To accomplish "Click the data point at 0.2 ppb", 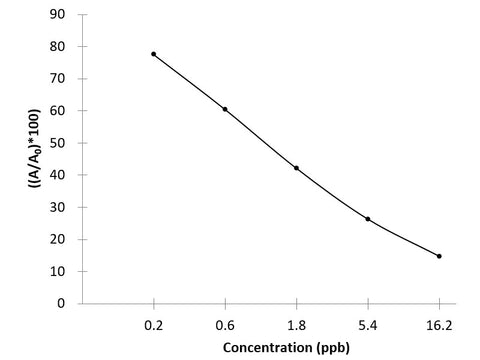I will coord(154,54).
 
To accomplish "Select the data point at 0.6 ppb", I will coord(225,109).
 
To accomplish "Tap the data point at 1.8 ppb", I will coord(296,168).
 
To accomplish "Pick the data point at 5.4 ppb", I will coord(368,219).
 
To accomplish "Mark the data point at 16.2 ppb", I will coord(439,256).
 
